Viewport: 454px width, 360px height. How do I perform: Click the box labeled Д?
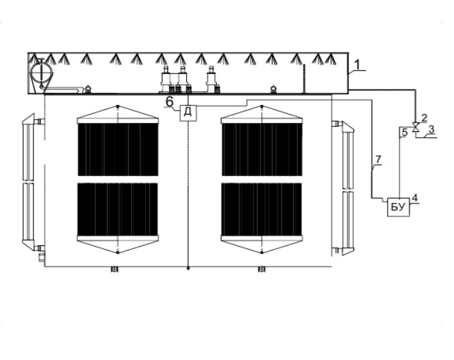tap(188, 113)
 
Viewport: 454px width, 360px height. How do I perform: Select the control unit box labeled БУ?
tap(399, 207)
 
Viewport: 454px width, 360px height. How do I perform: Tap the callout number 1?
tap(357, 64)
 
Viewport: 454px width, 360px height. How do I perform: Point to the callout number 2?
tap(424, 118)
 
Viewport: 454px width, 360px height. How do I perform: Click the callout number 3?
tap(431, 129)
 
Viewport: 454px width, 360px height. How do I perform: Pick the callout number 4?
tap(415, 198)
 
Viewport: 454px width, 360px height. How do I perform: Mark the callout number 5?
tap(405, 133)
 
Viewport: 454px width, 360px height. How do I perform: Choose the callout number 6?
tap(169, 102)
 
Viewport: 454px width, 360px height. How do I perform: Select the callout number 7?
tap(379, 159)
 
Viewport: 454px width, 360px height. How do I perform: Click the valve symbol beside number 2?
tap(416, 127)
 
